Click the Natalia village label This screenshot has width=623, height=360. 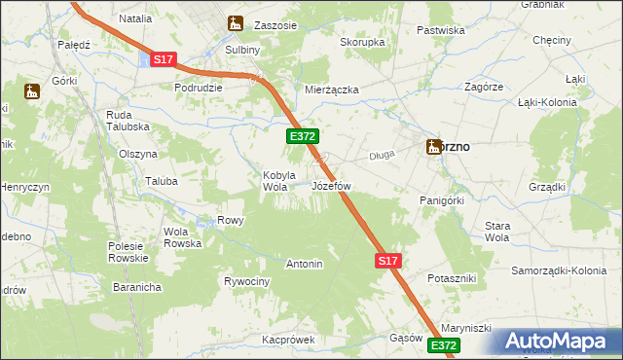(x=135, y=18)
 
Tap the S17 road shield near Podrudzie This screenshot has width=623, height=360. (x=164, y=59)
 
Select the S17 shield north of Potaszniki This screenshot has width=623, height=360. (x=387, y=261)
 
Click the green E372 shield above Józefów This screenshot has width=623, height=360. (x=301, y=139)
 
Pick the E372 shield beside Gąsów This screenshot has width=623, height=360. (x=442, y=345)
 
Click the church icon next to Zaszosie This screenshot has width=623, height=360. (x=234, y=22)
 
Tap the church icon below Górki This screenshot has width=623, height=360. (x=31, y=93)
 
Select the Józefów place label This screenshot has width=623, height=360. (x=330, y=185)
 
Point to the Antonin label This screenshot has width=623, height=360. (x=304, y=264)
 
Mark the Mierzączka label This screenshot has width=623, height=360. (x=332, y=90)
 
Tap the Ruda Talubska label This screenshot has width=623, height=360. (x=127, y=121)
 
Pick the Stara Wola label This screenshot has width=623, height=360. (x=496, y=232)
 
